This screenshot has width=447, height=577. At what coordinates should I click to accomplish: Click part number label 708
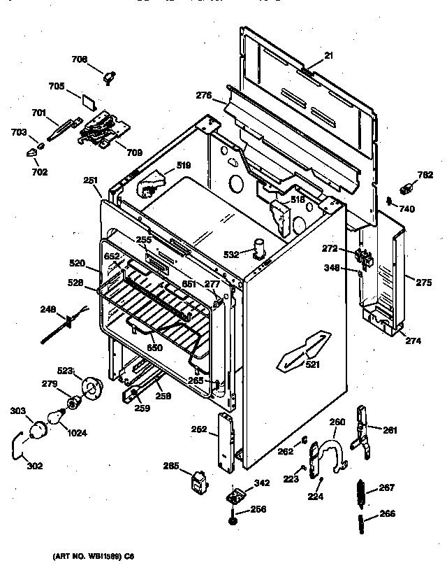point(80,60)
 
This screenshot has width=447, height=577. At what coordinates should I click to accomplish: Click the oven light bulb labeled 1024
point(52,418)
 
